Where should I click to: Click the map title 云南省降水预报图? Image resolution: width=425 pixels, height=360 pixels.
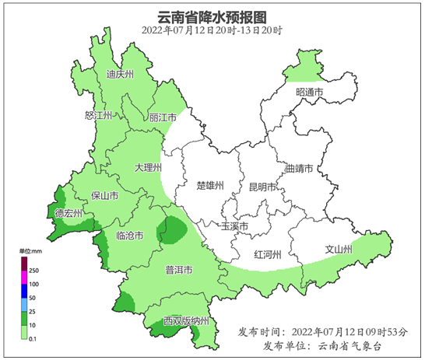pyautogui.click(x=212, y=16)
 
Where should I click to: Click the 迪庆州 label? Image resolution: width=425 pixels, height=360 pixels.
pyautogui.click(x=120, y=75)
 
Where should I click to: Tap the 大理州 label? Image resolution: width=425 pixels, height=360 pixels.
pyautogui.click(x=147, y=167)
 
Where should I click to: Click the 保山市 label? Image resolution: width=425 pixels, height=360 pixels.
pyautogui.click(x=105, y=195)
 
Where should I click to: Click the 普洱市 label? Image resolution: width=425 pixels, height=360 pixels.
pyautogui.click(x=179, y=270)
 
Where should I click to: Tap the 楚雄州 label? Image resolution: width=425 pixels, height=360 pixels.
pyautogui.click(x=210, y=186)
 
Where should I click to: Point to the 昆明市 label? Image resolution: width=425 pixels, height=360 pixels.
pyautogui.click(x=262, y=187)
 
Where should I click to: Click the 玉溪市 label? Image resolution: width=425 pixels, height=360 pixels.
pyautogui.click(x=234, y=227)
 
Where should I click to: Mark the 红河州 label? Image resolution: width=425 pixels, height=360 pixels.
pyautogui.click(x=268, y=254)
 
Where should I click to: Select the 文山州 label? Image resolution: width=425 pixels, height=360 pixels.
pyautogui.click(x=339, y=250)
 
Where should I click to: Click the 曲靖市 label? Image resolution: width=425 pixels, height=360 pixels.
pyautogui.click(x=300, y=168)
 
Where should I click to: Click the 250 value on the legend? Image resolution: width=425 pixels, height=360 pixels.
pyautogui.click(x=33, y=270)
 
